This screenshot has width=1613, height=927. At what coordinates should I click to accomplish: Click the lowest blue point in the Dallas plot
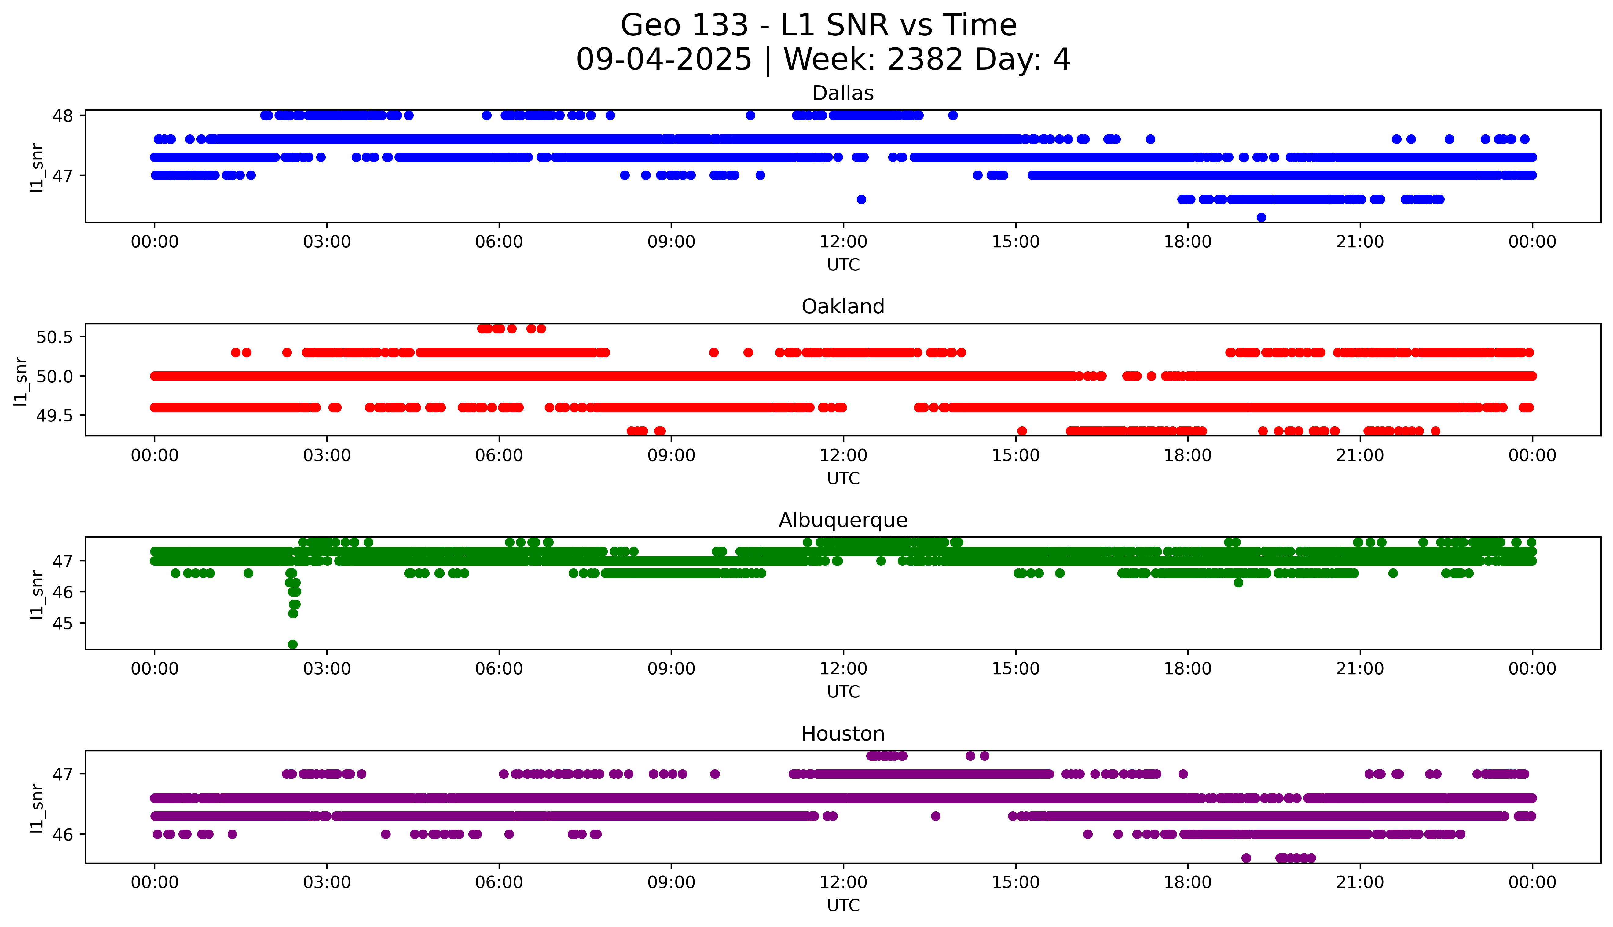[1261, 218]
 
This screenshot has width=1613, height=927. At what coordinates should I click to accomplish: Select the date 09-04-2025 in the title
[664, 60]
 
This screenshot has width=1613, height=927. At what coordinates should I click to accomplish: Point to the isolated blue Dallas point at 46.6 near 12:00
[861, 199]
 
